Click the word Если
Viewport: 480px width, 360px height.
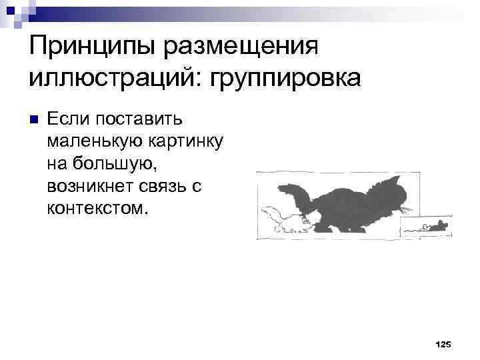69,119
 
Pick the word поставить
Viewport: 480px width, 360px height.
144,119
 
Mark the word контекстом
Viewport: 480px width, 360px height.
95,208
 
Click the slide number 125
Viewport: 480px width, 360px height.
443,344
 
